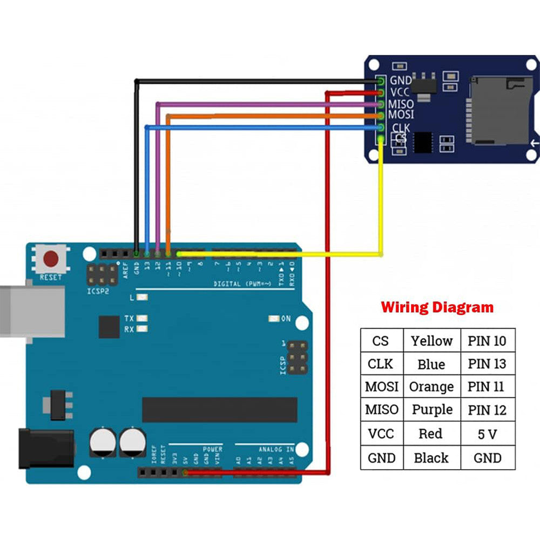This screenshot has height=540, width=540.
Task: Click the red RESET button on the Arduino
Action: click(51, 259)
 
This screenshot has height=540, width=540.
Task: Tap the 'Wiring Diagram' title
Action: click(437, 308)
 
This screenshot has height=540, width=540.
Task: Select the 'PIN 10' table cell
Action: click(487, 341)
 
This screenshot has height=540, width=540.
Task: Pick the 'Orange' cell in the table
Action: click(431, 387)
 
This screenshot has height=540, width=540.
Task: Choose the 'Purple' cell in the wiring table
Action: click(431, 410)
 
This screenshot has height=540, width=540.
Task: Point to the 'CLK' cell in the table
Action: click(381, 364)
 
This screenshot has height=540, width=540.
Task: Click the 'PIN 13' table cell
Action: click(487, 364)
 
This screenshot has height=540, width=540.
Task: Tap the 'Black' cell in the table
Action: click(431, 458)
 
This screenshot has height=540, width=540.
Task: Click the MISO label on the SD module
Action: click(401, 104)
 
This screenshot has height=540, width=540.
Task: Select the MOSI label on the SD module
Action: click(401, 114)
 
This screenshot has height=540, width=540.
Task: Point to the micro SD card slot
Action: click(499, 110)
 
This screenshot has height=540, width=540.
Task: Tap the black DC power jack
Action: click(46, 448)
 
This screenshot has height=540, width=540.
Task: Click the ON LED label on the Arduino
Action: click(286, 319)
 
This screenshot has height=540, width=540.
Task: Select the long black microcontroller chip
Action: click(219, 410)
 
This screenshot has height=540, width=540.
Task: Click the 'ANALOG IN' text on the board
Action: click(275, 449)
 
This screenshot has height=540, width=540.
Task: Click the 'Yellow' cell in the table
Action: click(431, 341)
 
